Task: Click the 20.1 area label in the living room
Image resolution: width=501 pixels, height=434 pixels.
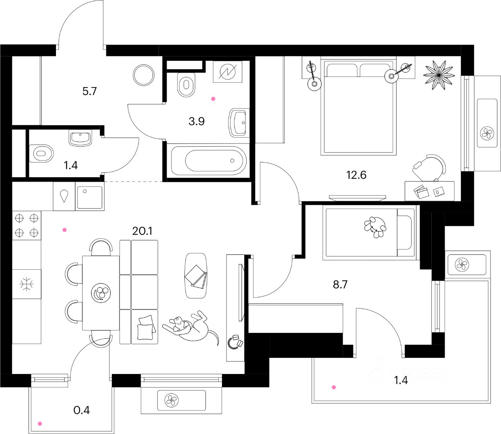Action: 142,231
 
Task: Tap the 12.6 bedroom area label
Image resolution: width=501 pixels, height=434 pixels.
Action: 356,175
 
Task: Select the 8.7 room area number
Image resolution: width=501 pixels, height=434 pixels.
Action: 340,284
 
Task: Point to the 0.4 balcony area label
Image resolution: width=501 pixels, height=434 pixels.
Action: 81,410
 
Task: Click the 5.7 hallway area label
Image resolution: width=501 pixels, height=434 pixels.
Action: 89,91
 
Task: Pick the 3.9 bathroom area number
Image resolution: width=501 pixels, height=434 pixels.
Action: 196,121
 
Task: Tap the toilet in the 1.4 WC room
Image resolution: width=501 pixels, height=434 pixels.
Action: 41,153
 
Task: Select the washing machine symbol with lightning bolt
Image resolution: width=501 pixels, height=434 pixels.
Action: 227,72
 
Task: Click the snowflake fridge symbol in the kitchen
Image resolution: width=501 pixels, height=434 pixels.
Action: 27,284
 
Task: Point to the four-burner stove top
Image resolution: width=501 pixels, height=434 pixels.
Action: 27,225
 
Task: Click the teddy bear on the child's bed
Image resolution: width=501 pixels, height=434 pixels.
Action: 375,227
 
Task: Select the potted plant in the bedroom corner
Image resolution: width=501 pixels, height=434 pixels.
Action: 439,74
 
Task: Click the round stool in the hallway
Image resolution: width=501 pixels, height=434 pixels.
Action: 144,75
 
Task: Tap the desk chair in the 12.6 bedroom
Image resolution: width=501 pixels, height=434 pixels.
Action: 429,167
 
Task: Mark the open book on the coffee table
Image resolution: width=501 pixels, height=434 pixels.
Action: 196,276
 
